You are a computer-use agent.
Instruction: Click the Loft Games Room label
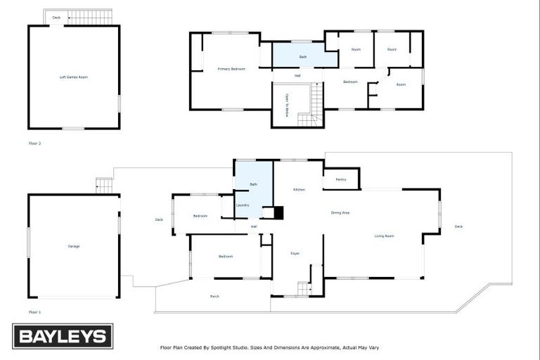73,77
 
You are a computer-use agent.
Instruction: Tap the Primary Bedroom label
231,69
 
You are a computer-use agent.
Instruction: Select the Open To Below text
287,105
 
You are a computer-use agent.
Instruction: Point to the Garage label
74,246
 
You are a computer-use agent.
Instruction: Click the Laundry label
243,205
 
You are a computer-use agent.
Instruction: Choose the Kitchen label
299,190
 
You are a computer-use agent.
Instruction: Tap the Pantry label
340,179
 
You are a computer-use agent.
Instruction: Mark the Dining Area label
340,212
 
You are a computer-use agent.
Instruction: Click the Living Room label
384,236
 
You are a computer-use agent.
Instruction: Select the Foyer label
295,253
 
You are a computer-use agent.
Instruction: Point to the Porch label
214,296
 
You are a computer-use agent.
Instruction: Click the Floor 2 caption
34,143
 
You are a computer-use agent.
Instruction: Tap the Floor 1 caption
34,311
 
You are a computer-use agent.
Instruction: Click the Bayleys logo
63,336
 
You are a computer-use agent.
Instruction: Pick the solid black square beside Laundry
278,212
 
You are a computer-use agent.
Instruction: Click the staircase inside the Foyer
304,288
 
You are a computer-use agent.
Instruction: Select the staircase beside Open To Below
314,105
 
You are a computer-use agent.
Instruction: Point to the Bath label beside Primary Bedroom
303,56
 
